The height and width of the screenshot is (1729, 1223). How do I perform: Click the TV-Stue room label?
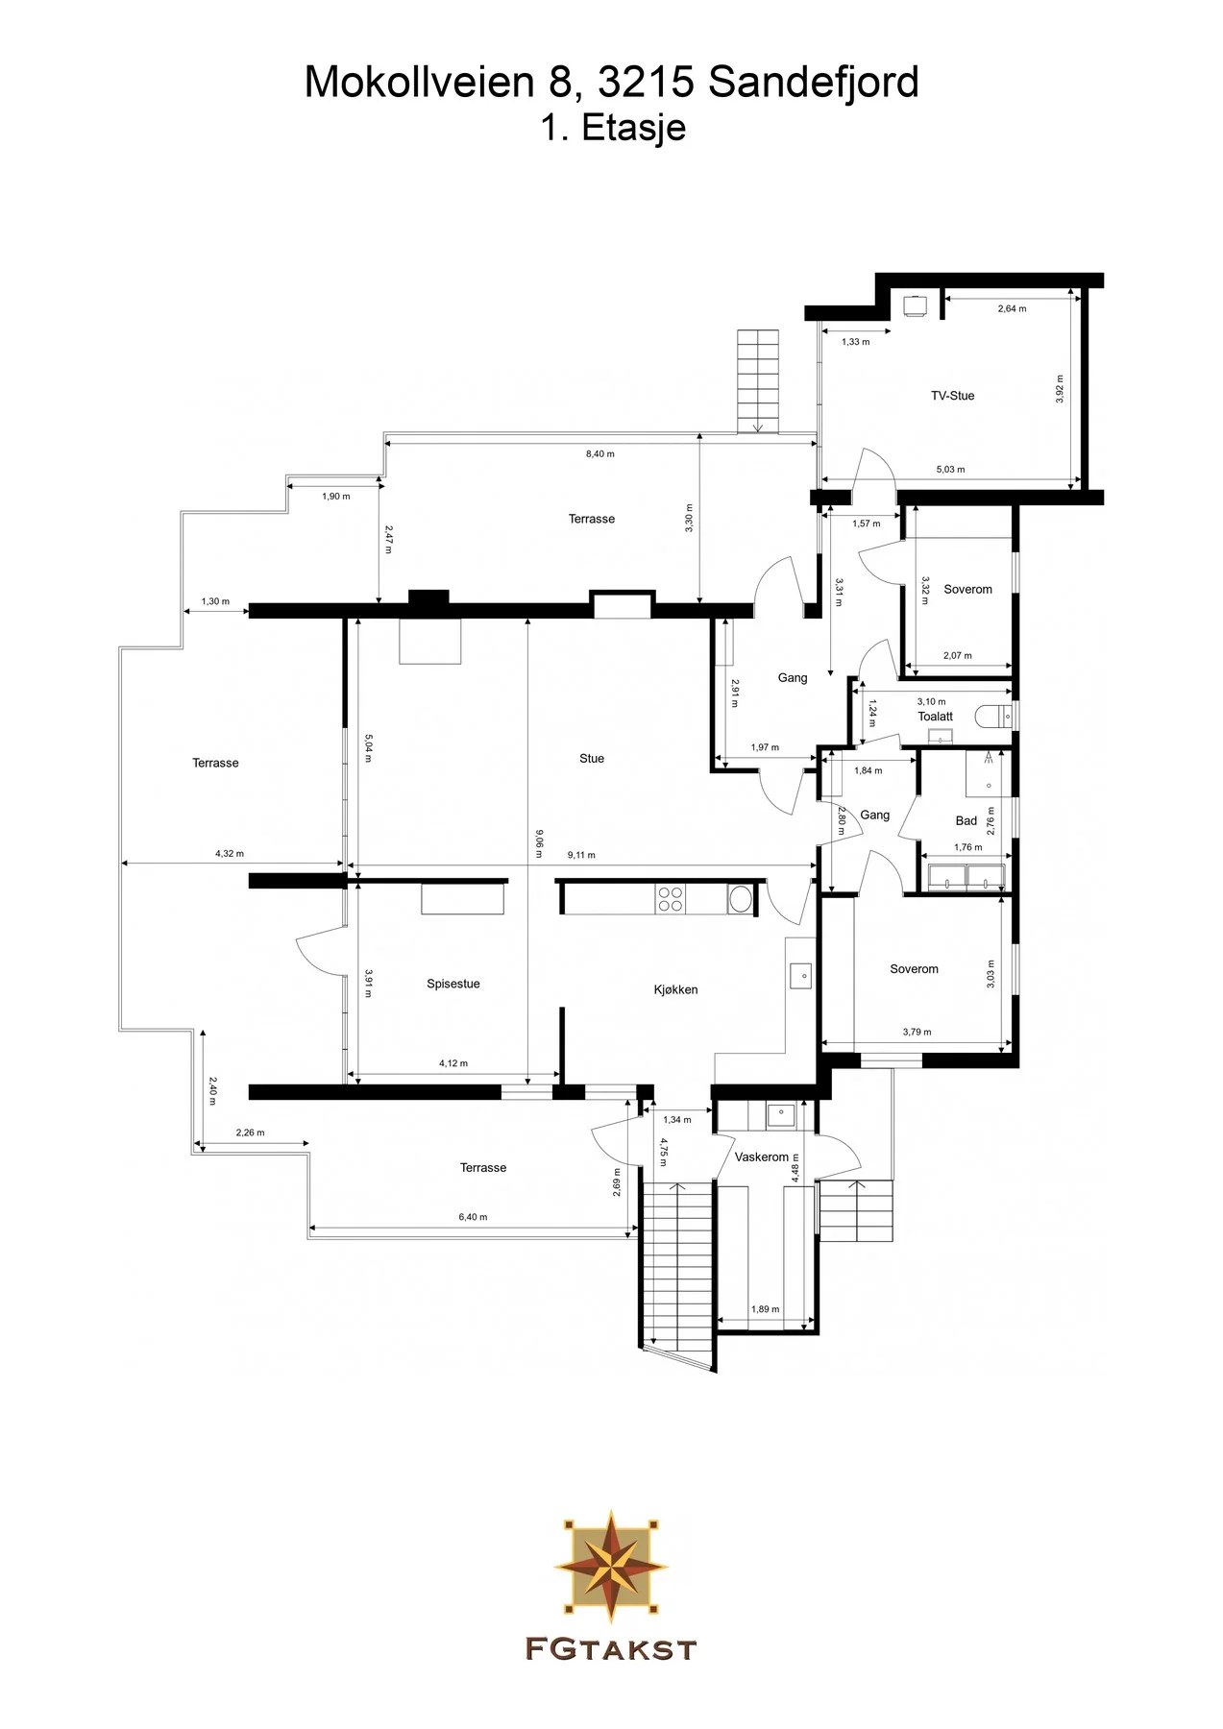click(952, 396)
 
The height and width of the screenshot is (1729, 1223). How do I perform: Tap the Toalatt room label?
click(935, 717)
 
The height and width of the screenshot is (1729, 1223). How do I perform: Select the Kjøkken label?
click(675, 989)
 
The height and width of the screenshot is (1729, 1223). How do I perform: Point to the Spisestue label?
click(453, 984)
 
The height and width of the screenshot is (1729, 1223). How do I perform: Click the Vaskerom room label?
click(762, 1157)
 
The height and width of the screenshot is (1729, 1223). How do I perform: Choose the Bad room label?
click(966, 821)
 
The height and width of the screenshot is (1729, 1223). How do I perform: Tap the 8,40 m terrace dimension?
click(600, 453)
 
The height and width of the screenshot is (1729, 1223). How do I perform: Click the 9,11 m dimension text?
click(581, 855)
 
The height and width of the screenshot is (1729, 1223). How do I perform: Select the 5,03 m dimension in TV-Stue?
click(950, 470)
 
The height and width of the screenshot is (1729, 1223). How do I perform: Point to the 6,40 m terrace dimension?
click(473, 1217)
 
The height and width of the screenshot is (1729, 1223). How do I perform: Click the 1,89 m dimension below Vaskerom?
click(766, 1309)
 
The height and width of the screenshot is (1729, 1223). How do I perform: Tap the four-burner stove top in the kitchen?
click(671, 898)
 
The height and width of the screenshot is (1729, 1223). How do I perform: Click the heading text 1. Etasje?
click(613, 128)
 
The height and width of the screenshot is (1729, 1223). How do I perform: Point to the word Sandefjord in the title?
click(814, 83)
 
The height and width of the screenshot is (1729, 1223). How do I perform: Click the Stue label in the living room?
click(592, 759)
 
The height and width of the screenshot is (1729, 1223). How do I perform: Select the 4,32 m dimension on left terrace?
click(230, 853)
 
